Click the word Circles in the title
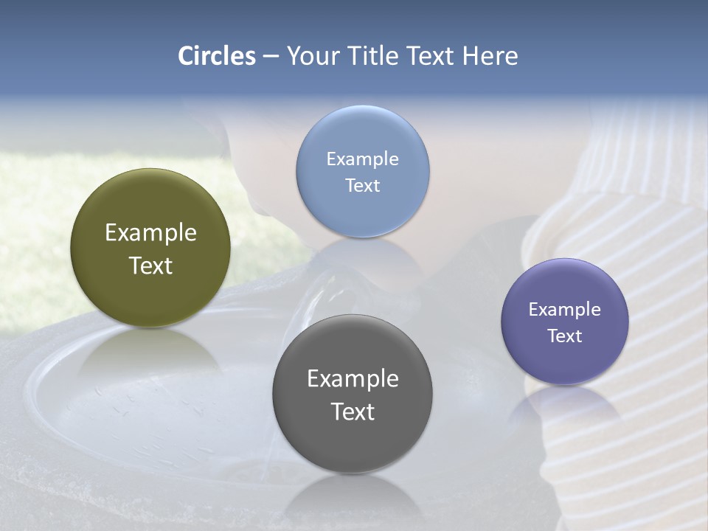pos(216,56)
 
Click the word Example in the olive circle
pos(150,233)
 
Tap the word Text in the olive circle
pos(150,265)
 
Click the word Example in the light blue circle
pos(362,159)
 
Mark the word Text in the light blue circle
pos(362,185)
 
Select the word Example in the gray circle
pos(353,379)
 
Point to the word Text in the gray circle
pos(353,412)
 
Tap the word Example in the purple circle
pos(564,310)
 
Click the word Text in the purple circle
pos(564,336)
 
